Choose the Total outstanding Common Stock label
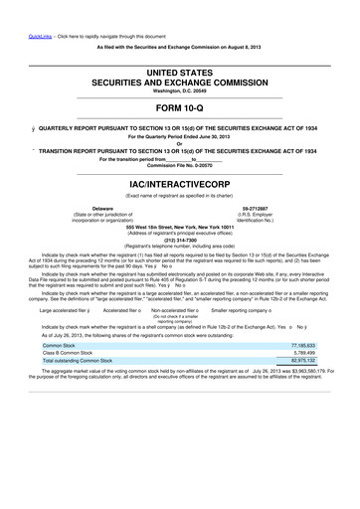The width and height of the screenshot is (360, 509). point(84,473)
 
